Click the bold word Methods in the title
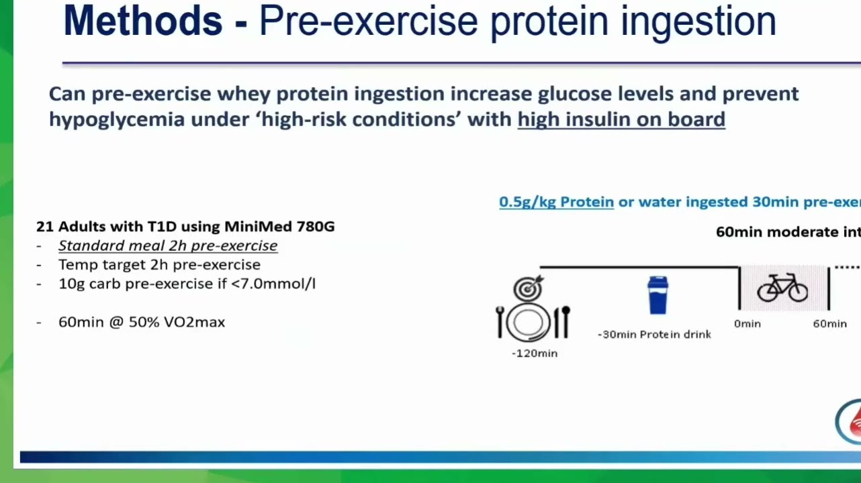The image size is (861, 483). click(142, 21)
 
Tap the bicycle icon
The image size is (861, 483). click(782, 288)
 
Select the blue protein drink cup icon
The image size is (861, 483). click(658, 295)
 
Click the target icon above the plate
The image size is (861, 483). click(529, 288)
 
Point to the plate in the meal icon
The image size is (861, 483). click(527, 322)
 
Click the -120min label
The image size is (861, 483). click(535, 354)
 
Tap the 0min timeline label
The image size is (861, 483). click(747, 323)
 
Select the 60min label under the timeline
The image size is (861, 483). click(830, 323)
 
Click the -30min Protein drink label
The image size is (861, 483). click(654, 335)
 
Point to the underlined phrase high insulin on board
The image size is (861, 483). click(621, 119)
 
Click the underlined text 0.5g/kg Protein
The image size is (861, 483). click(556, 202)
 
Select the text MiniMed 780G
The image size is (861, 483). click(279, 227)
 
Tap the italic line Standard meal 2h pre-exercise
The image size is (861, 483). click(168, 246)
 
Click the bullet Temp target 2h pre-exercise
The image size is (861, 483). click(160, 265)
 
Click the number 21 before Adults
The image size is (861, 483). click(44, 227)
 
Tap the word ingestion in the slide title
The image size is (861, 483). click(698, 22)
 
